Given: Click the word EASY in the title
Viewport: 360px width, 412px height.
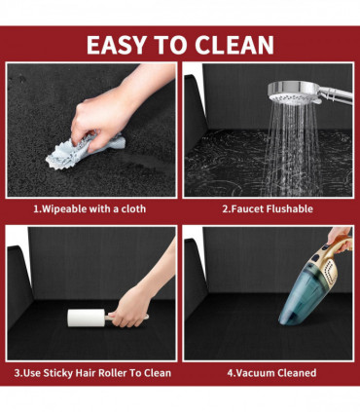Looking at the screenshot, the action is click(x=117, y=45).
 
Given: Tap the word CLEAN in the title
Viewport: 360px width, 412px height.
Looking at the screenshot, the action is click(x=234, y=45).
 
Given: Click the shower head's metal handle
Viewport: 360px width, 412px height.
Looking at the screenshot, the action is click(x=337, y=94).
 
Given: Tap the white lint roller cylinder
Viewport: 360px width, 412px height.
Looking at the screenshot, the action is click(x=86, y=318).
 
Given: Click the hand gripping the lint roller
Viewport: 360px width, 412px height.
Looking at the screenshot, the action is click(x=130, y=310).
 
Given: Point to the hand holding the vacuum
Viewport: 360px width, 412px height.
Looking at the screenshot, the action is click(x=340, y=238).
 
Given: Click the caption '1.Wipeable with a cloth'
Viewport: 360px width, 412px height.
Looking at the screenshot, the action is click(x=90, y=208).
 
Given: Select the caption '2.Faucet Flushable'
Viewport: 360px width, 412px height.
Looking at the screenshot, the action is click(x=268, y=208).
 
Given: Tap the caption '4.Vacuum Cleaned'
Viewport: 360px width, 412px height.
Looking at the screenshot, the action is click(x=271, y=372).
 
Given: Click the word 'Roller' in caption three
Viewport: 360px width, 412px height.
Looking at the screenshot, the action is click(x=112, y=372).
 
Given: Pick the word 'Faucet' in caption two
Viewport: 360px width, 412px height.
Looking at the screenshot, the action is click(x=248, y=208).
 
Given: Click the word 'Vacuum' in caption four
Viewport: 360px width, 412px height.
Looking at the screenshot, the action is click(x=255, y=372).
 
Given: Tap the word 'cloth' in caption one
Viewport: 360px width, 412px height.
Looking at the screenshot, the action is click(x=133, y=208).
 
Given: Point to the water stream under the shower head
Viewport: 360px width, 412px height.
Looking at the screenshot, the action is click(x=291, y=146).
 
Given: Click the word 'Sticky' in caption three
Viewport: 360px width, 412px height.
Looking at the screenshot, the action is click(x=58, y=373).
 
